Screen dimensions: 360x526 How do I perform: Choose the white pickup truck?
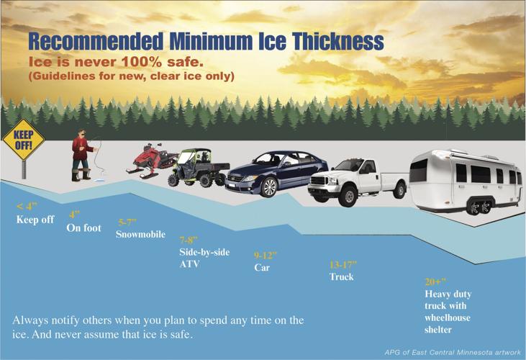(x=356, y=180)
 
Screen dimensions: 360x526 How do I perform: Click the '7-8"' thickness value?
(x=189, y=240)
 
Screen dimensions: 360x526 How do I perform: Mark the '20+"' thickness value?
(x=435, y=281)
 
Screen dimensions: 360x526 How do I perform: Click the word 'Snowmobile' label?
(x=140, y=235)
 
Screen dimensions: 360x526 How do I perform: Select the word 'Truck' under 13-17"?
(x=342, y=276)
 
